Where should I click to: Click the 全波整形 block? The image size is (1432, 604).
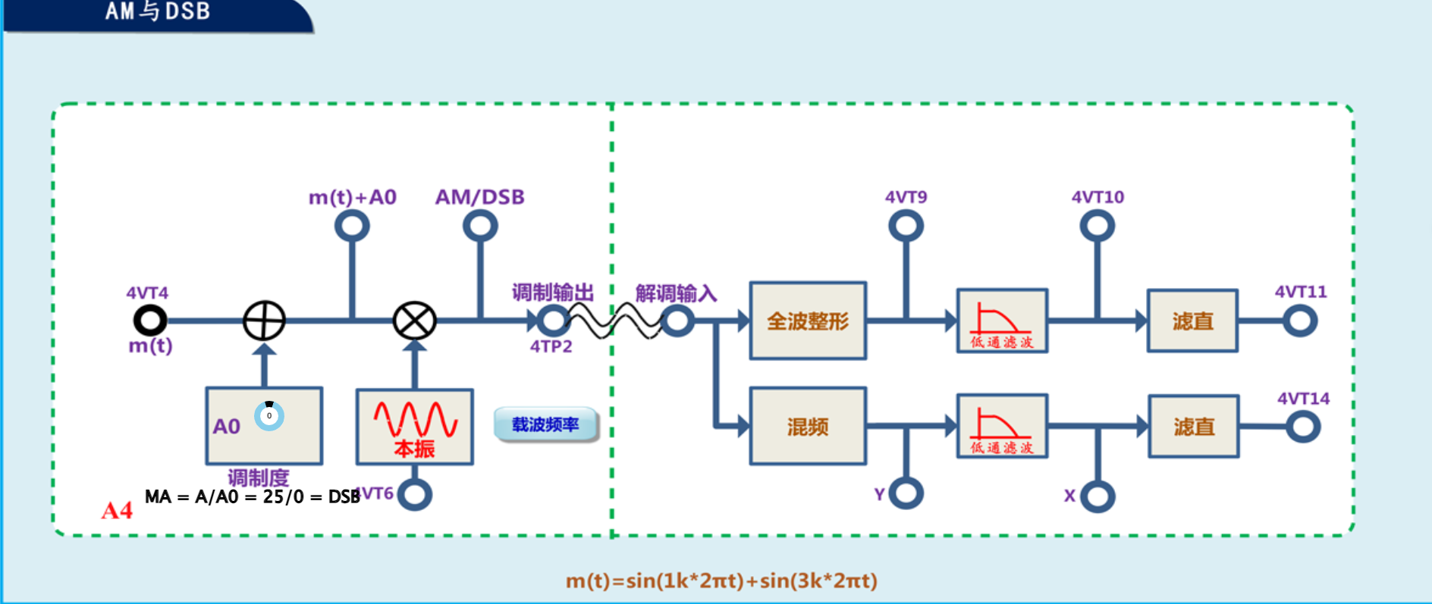[808, 321]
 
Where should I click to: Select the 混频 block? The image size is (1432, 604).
[808, 427]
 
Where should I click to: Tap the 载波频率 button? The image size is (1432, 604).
[545, 424]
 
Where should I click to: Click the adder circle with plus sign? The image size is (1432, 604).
[264, 321]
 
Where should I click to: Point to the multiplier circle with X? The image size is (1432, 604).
[415, 321]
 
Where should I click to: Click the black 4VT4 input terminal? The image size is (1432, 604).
[150, 321]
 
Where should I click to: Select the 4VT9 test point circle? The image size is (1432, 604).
[906, 226]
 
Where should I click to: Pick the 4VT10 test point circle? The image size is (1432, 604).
[1097, 226]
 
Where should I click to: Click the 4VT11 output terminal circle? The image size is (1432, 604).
[1300, 321]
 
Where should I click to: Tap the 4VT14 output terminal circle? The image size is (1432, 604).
[1303, 427]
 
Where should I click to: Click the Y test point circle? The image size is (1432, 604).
[906, 493]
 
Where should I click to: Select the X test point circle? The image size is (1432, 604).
[1098, 496]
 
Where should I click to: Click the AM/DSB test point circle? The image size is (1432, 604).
[480, 226]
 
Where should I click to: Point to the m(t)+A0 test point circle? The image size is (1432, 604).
[352, 226]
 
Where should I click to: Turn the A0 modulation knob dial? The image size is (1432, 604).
[268, 416]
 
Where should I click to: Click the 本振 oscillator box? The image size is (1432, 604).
[415, 427]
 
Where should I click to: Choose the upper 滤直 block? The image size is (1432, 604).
[1192, 321]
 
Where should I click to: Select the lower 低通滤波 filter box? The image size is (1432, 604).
[1002, 427]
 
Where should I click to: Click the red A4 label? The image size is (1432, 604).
[117, 511]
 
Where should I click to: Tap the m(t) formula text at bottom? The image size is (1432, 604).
[721, 581]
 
